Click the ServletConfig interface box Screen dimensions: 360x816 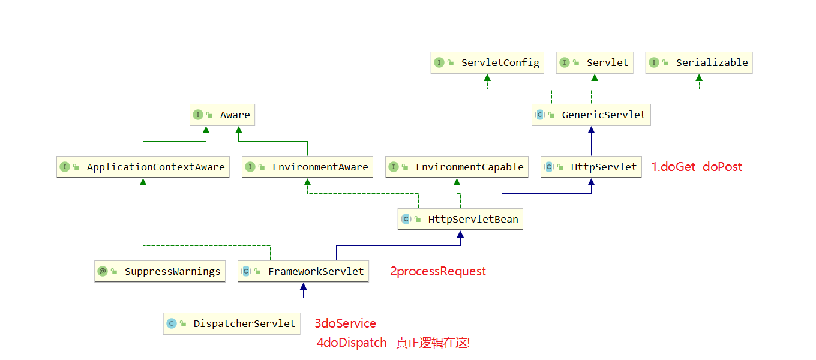click(487, 62)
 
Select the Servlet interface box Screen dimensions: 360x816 click(594, 62)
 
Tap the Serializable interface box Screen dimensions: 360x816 click(699, 62)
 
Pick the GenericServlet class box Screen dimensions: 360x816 click(591, 115)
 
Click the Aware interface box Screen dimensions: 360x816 click(222, 115)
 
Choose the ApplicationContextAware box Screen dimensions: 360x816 click(143, 167)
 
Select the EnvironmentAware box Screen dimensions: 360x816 click(307, 167)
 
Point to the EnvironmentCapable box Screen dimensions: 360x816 click(457, 167)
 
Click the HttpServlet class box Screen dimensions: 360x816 click(591, 167)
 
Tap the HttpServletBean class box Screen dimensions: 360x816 click(460, 219)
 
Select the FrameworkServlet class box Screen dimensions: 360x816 click(303, 271)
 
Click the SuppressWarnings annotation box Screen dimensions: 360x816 click(160, 271)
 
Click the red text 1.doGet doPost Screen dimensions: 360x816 click(697, 167)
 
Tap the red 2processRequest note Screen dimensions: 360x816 click(438, 271)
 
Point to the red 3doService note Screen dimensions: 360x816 click(346, 323)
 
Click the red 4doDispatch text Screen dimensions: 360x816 click(352, 343)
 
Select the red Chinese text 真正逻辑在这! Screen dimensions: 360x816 click(433, 343)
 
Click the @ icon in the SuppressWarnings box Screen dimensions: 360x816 click(103, 271)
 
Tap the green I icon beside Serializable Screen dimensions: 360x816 click(654, 62)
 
